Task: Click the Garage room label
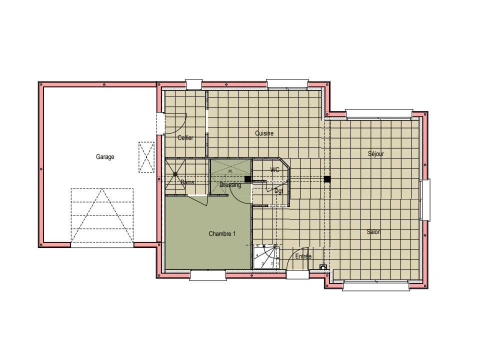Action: click(105, 157)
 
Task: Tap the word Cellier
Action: click(185, 138)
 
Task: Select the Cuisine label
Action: click(264, 133)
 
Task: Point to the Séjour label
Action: click(375, 154)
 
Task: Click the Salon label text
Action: click(373, 232)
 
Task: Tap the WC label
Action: click(274, 170)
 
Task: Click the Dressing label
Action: click(230, 185)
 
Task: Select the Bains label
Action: click(187, 182)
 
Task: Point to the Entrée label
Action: click(303, 256)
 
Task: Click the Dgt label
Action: click(278, 191)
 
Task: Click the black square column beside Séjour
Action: click(327, 179)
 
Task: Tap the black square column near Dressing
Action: click(247, 179)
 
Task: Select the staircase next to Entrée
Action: click(265, 257)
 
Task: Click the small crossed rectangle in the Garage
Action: click(146, 157)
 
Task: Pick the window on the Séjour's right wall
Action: click(425, 200)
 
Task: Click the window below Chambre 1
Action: click(207, 275)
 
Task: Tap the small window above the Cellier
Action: click(193, 84)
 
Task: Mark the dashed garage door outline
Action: click(102, 215)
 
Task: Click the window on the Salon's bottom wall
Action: click(377, 285)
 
